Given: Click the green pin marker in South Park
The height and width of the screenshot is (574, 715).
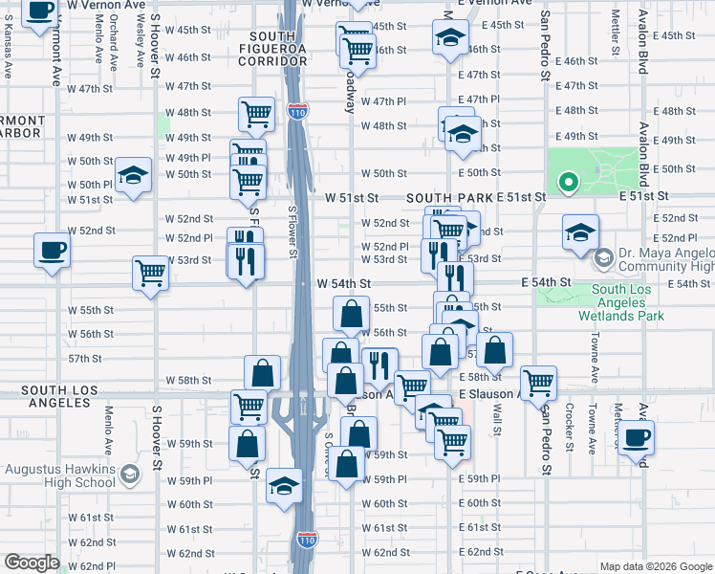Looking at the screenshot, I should (568, 181).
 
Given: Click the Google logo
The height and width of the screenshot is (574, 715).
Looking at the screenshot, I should (32, 563).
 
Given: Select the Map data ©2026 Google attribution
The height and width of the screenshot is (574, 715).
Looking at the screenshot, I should (655, 566).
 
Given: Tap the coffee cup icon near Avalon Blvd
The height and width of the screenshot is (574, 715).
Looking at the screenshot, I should (637, 439).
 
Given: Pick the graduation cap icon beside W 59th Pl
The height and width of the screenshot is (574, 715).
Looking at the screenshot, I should (285, 486).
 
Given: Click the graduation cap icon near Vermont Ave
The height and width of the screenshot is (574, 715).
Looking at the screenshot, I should (134, 175).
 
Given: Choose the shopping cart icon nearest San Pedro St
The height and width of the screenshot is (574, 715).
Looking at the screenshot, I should (539, 383).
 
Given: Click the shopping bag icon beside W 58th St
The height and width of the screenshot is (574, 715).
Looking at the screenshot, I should (262, 372).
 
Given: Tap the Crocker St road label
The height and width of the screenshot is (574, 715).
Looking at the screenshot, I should (569, 426).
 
